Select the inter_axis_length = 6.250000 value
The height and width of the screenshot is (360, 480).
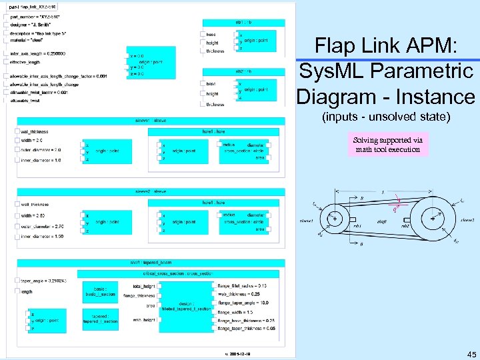37,53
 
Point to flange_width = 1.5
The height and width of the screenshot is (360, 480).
237,311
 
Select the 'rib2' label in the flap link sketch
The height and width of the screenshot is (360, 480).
405,225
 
